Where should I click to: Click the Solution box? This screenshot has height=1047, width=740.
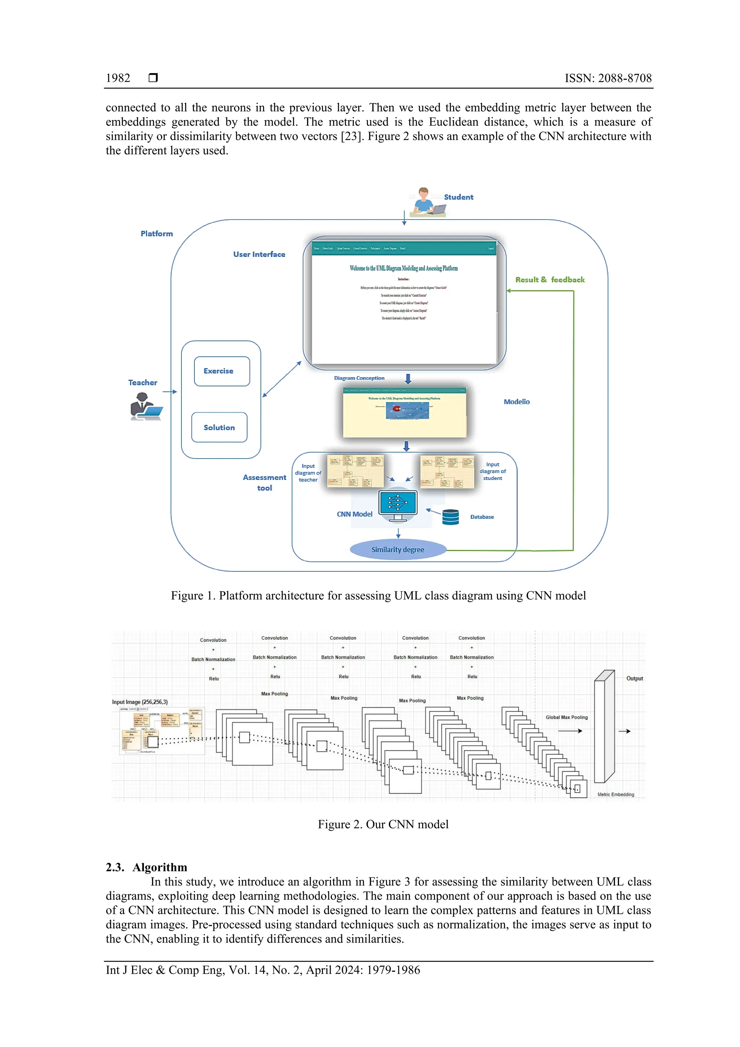pos(219,427)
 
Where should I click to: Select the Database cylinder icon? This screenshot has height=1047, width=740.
pos(451,517)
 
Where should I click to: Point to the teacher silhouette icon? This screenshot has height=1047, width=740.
pos(145,406)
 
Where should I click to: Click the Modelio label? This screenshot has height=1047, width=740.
pos(517,402)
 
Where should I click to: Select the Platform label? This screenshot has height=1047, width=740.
pos(156,233)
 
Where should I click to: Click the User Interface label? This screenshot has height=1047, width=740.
pos(259,254)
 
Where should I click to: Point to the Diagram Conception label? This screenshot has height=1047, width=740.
pos(359,378)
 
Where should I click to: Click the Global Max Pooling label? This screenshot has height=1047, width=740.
pos(566,717)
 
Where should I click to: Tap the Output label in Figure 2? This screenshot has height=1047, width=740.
pos(634,678)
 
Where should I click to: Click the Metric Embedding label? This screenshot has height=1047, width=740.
pos(616,794)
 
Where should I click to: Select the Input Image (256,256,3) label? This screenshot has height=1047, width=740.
pos(140,702)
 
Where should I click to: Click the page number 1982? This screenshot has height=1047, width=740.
pos(118,78)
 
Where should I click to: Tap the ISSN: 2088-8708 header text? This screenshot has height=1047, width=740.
pos(608,78)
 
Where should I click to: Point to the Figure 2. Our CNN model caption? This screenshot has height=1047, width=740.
pos(383,824)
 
